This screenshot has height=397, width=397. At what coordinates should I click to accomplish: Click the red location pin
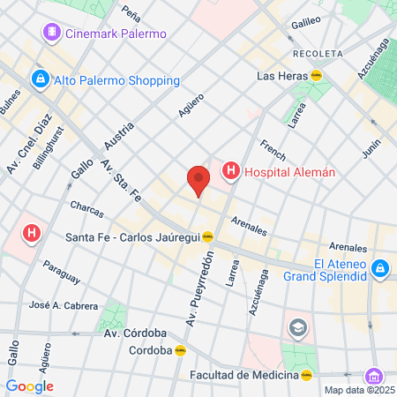pos(198,181)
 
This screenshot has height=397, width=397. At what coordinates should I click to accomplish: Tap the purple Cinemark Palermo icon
pos(52,34)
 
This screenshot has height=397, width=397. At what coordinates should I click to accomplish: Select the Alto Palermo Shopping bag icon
pos(40,80)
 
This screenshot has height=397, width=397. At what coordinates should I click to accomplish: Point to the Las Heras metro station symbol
pos(316,76)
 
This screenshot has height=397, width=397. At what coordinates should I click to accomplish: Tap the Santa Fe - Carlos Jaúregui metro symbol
pos(208,236)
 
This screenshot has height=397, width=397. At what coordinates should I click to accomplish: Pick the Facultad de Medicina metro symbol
pos(306,375)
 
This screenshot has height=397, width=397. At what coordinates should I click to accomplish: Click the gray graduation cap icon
pos(297,328)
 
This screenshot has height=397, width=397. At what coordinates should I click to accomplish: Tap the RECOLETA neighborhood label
pos(318,54)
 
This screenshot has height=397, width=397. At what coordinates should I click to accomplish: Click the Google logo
pos(29,386)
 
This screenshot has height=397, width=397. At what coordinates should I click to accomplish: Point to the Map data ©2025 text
pos(358,390)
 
